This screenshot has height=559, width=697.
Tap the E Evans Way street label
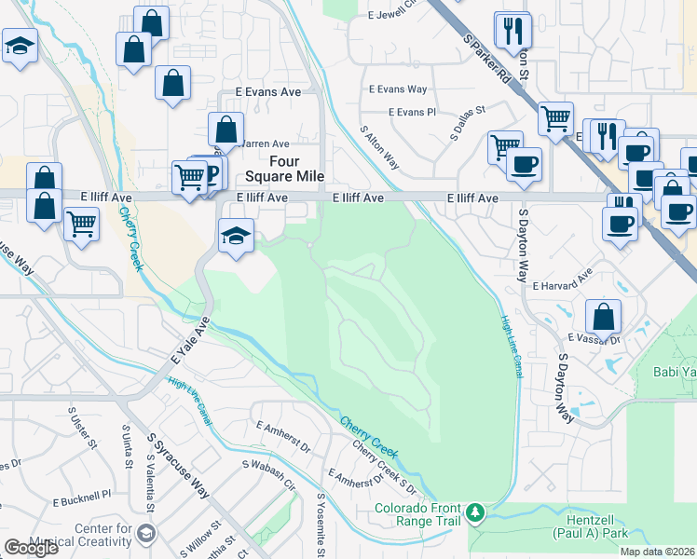coord(398,89)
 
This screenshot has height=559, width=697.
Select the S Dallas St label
coord(469,123)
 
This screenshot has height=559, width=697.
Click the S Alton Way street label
coord(379,147)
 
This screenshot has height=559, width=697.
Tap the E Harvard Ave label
coord(562,279)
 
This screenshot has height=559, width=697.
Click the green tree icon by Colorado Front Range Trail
coord(476,512)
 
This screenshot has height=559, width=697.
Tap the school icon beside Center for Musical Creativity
coord(146,534)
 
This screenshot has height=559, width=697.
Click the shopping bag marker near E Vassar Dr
coord(604,316)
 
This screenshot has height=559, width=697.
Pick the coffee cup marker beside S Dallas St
coord(524,164)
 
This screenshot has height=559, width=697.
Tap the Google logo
coord(31,547)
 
